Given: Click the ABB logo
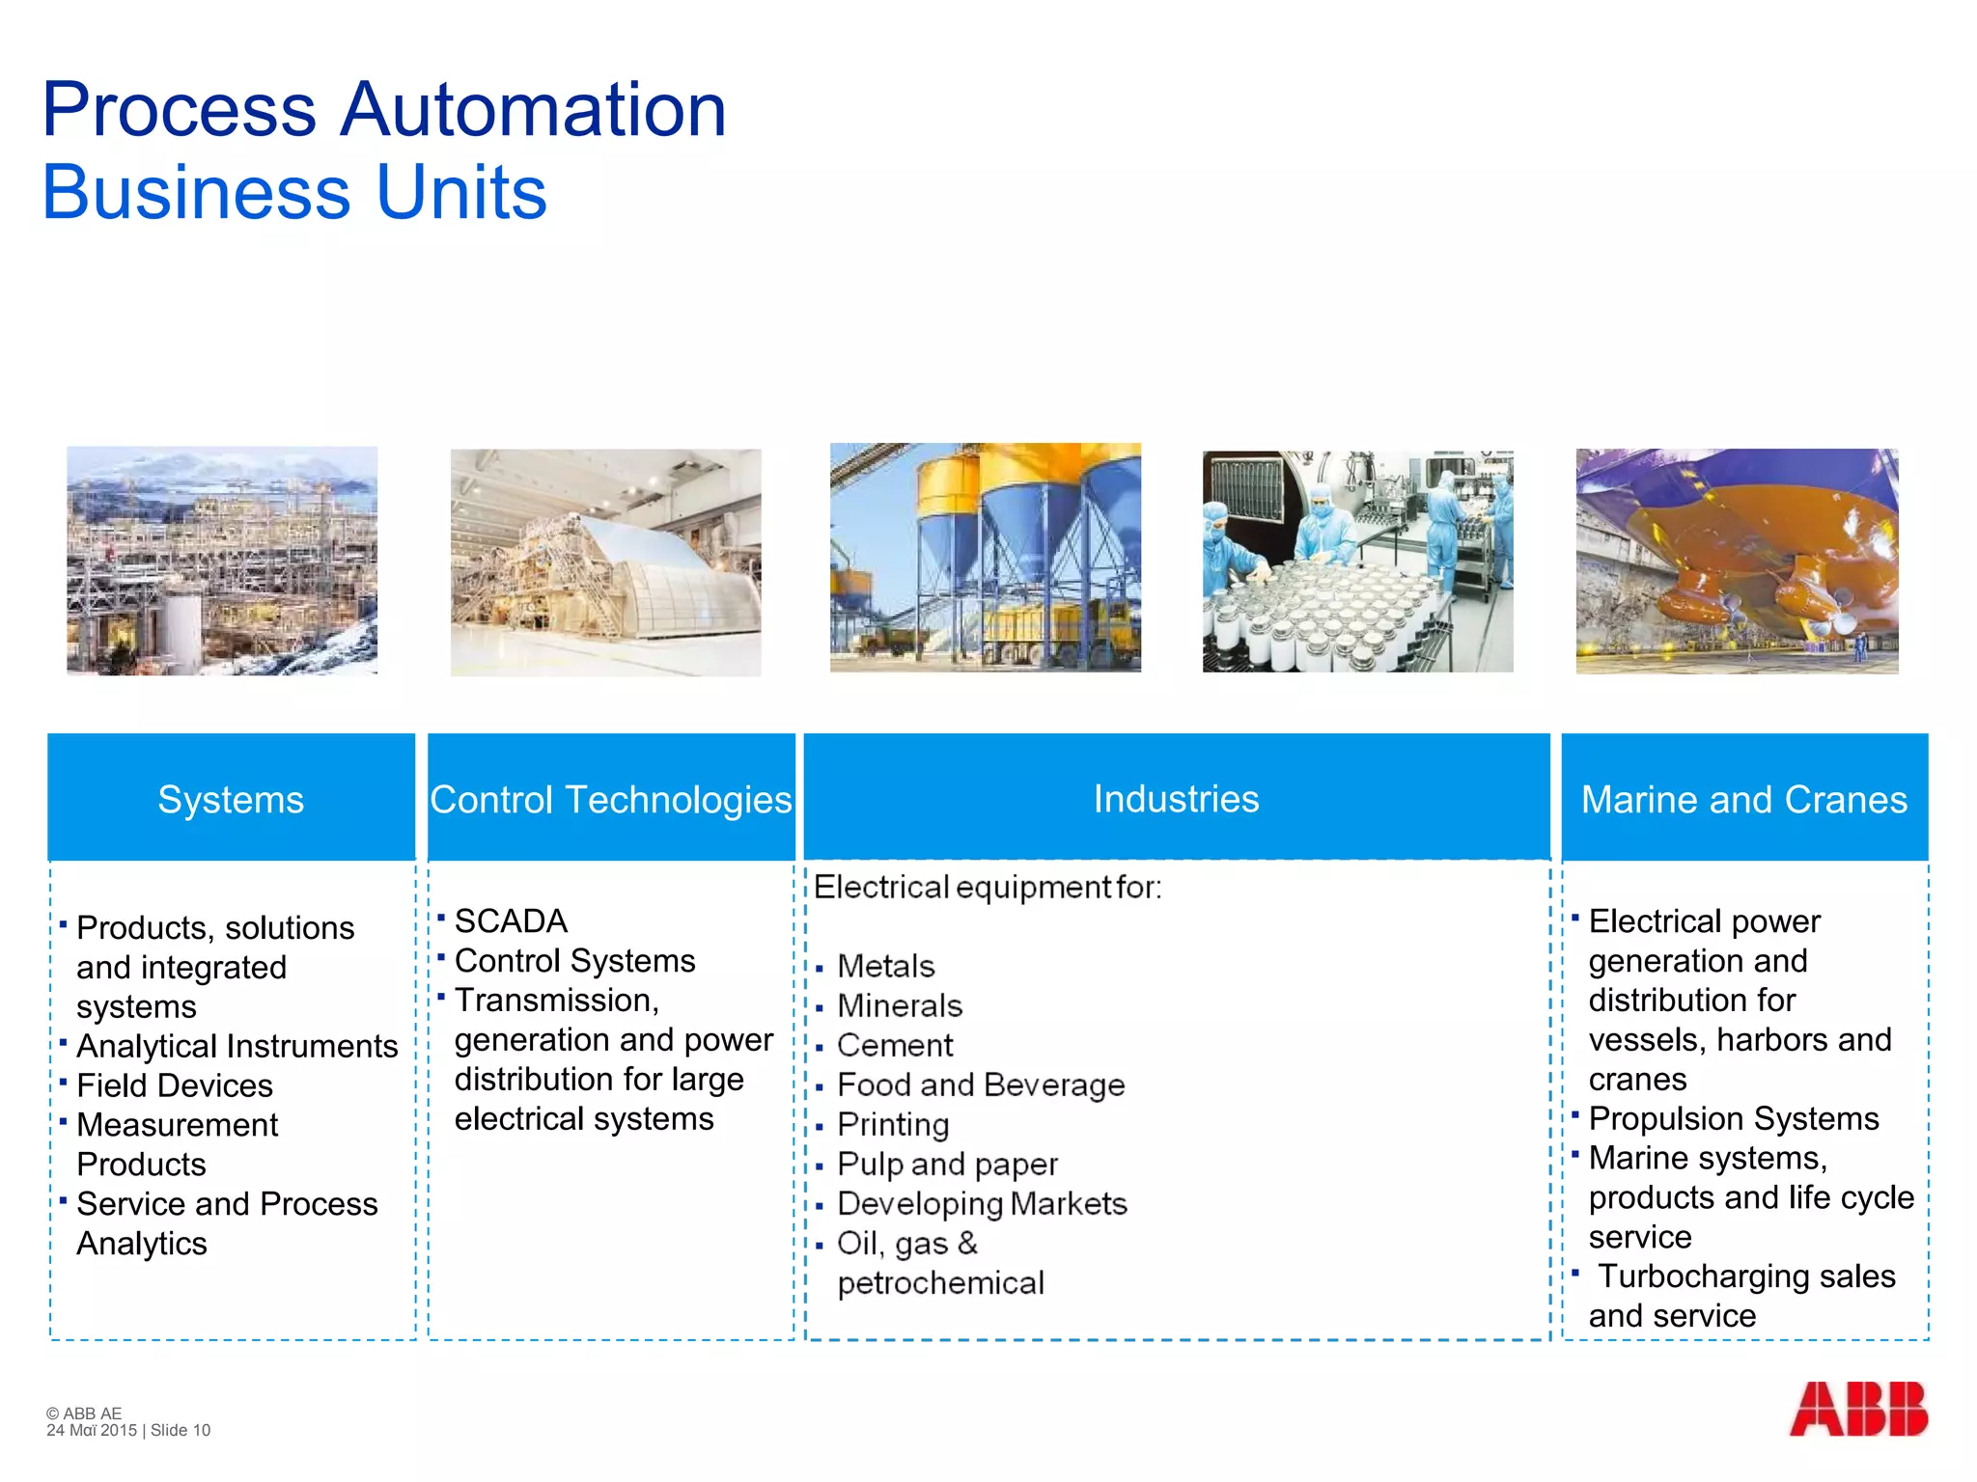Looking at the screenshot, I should tap(1858, 1409).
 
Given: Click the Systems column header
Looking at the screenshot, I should tap(231, 799).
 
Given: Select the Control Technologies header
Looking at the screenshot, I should tap(611, 799).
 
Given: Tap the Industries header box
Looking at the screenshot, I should tap(1176, 798).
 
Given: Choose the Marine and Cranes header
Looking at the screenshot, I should tap(1744, 799).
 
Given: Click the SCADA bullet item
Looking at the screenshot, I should tap(511, 921).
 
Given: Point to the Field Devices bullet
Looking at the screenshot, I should tap(175, 1085).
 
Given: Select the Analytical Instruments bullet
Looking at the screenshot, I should tap(237, 1046).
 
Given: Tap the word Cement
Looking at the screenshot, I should tap(895, 1045).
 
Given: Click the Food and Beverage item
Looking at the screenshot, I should tap(981, 1084).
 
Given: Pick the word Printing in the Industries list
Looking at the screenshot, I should tap(893, 1124).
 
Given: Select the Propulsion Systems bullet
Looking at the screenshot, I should tap(1734, 1118).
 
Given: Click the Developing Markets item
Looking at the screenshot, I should tap(982, 1203).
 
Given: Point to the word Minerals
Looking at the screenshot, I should tap(900, 1005).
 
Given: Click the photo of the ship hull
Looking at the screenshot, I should tap(1737, 561).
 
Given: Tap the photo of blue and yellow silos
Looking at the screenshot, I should tap(985, 558).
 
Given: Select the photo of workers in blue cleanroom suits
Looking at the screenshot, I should tap(1357, 561).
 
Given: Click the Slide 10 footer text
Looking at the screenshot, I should tap(181, 1430).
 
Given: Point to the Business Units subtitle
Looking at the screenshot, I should tap(294, 192).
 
